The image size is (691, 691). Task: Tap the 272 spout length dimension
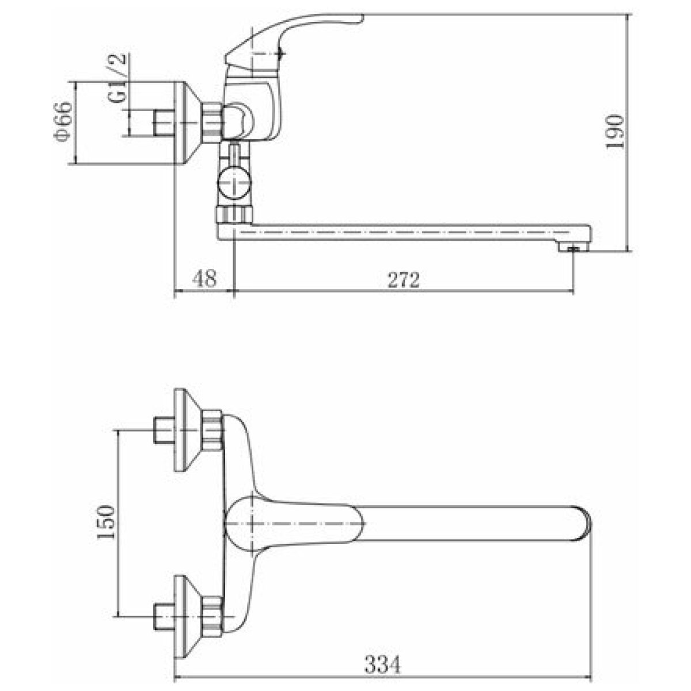click(x=404, y=279)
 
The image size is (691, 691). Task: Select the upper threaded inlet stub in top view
click(x=164, y=430)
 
